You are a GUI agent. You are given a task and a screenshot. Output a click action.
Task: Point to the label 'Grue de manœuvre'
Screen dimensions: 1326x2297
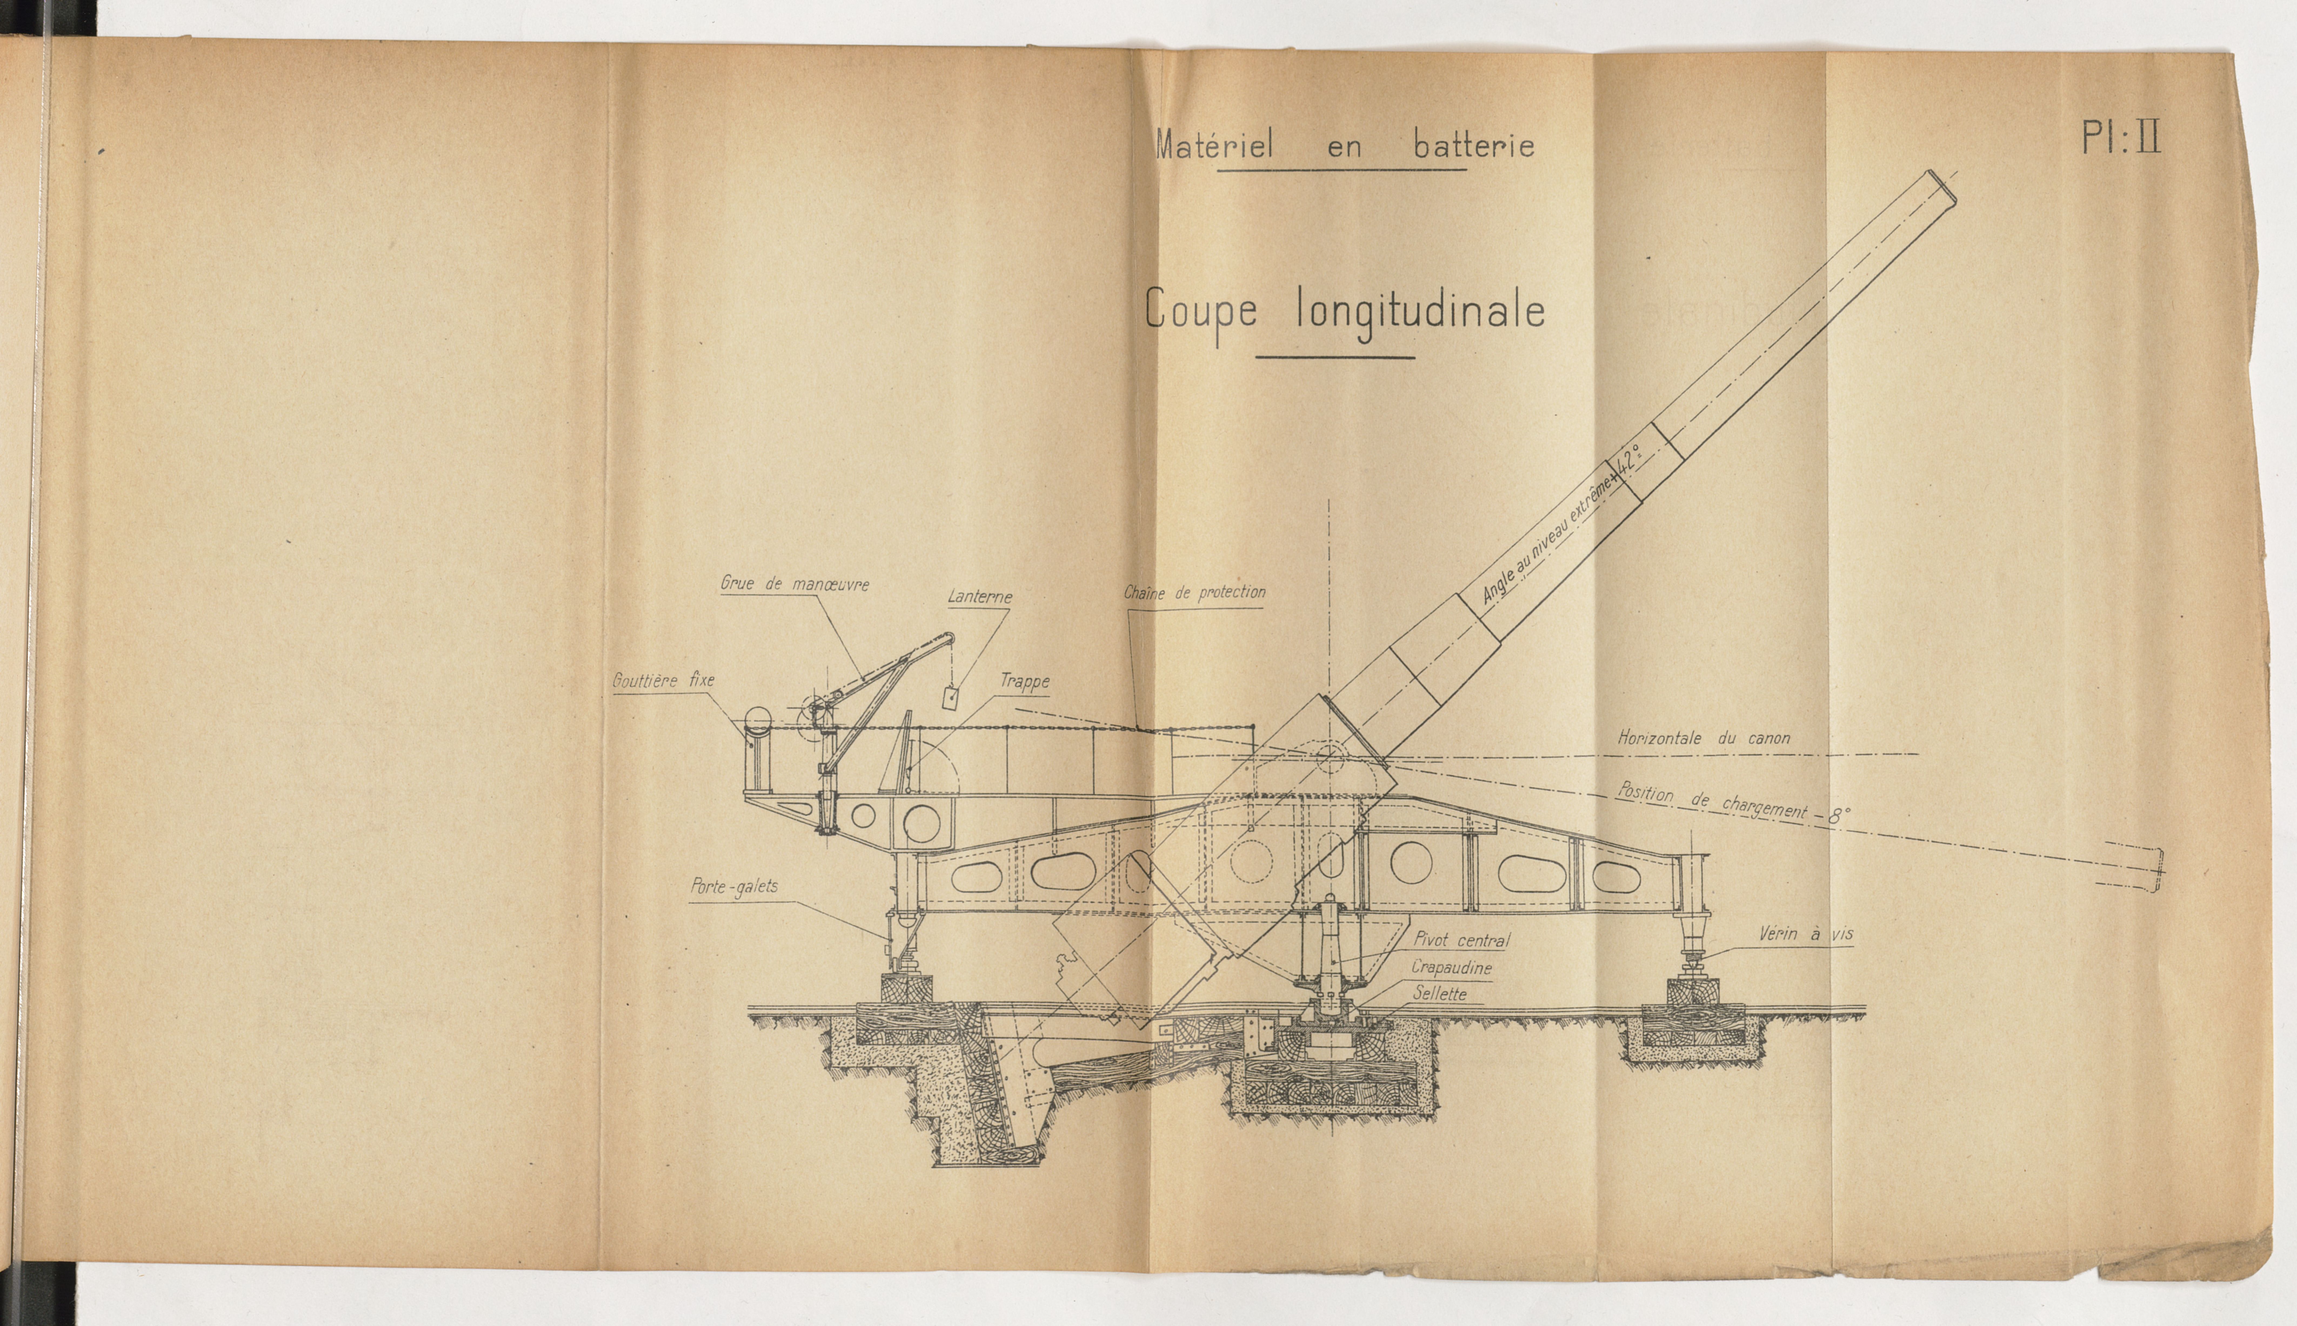point(794,584)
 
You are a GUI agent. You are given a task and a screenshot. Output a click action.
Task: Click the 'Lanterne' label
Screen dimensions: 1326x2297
point(979,597)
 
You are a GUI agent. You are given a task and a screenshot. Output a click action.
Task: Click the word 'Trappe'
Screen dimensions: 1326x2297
point(1025,681)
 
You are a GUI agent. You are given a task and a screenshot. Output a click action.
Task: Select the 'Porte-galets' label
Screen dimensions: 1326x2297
point(734,886)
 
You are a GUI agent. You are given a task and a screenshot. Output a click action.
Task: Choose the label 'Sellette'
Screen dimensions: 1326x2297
point(1440,994)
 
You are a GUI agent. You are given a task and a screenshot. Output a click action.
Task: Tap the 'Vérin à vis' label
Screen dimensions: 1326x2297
point(1805,933)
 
